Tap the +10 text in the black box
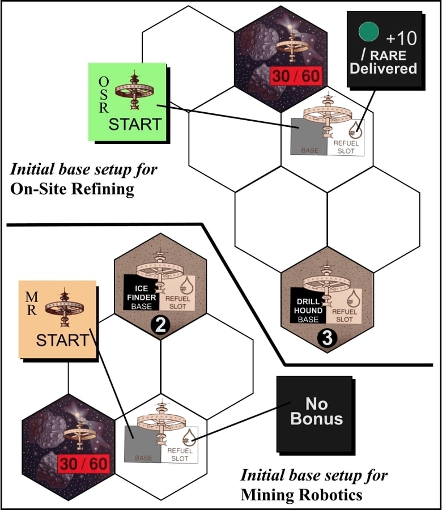coord(401,39)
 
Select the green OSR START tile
coord(127,102)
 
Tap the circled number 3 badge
coord(328,338)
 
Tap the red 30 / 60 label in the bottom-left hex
coord(83,464)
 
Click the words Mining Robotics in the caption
coord(301,495)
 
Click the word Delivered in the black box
coord(383,69)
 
